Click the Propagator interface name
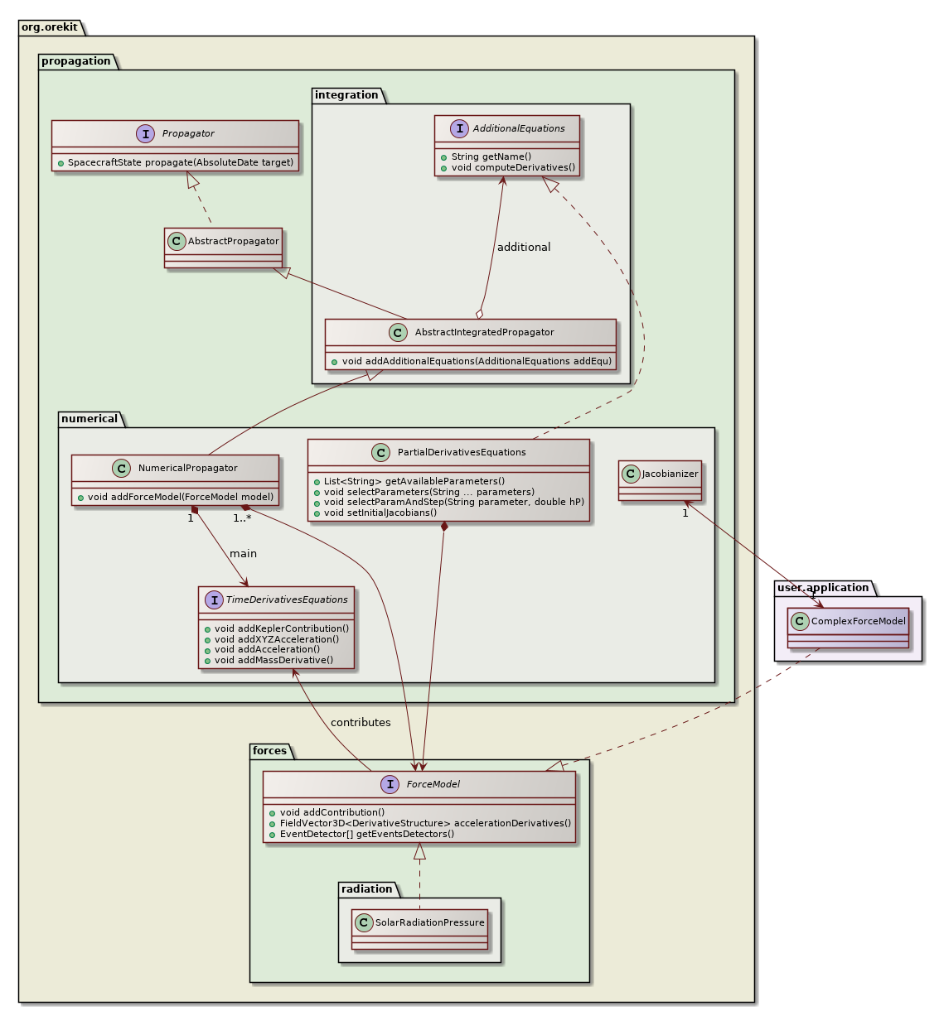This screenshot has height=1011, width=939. [x=188, y=133]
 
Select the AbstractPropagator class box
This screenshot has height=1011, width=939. [x=223, y=247]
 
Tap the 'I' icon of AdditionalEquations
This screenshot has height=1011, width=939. [x=459, y=128]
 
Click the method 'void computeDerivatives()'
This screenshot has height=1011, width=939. [x=513, y=167]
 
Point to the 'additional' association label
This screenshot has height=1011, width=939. [x=523, y=248]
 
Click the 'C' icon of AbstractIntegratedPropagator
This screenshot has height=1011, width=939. [x=398, y=332]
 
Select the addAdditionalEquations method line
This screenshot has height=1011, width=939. [x=477, y=361]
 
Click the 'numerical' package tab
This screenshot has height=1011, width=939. [x=90, y=419]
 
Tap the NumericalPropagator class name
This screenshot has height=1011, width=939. [x=187, y=468]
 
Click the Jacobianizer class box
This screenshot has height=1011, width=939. [x=660, y=480]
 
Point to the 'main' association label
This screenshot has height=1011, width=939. [x=243, y=554]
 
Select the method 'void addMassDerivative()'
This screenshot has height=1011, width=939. [x=273, y=660]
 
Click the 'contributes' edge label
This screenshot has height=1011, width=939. [x=361, y=723]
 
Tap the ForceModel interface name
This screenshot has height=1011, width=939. [x=433, y=784]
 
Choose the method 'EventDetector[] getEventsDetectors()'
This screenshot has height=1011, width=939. [x=367, y=834]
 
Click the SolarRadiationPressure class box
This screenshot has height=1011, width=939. [x=419, y=929]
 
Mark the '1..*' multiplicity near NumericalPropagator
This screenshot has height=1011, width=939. [x=242, y=519]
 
